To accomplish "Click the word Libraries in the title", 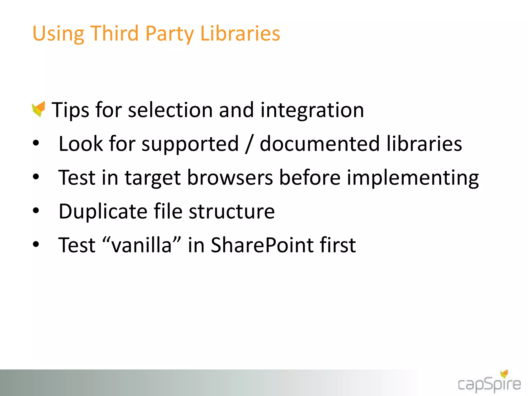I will pos(240,34).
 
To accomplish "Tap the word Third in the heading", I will pos(114,34).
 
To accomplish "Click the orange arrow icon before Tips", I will pos(39,109).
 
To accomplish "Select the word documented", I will pos(319,144).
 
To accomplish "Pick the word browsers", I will pos(230,178).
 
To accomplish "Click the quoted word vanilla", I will pos(142,245).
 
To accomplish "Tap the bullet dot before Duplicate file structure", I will pos(36,211).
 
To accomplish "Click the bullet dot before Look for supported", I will pos(36,143).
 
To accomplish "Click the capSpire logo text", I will pos(489,385).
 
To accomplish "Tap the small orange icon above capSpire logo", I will pos(504,374).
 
